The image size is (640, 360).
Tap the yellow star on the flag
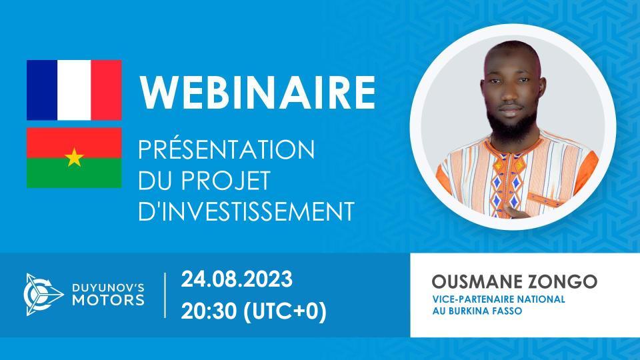74,158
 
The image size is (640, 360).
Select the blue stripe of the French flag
42,90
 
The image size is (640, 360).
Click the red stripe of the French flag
106,90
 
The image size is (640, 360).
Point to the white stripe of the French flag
74,90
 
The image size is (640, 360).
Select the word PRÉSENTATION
226,150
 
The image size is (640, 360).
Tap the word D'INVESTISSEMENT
245,211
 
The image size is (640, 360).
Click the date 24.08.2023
236,279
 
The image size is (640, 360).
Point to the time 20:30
209,311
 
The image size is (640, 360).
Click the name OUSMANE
467,281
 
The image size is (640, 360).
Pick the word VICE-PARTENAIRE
467,299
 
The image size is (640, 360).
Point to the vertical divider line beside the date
165,295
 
